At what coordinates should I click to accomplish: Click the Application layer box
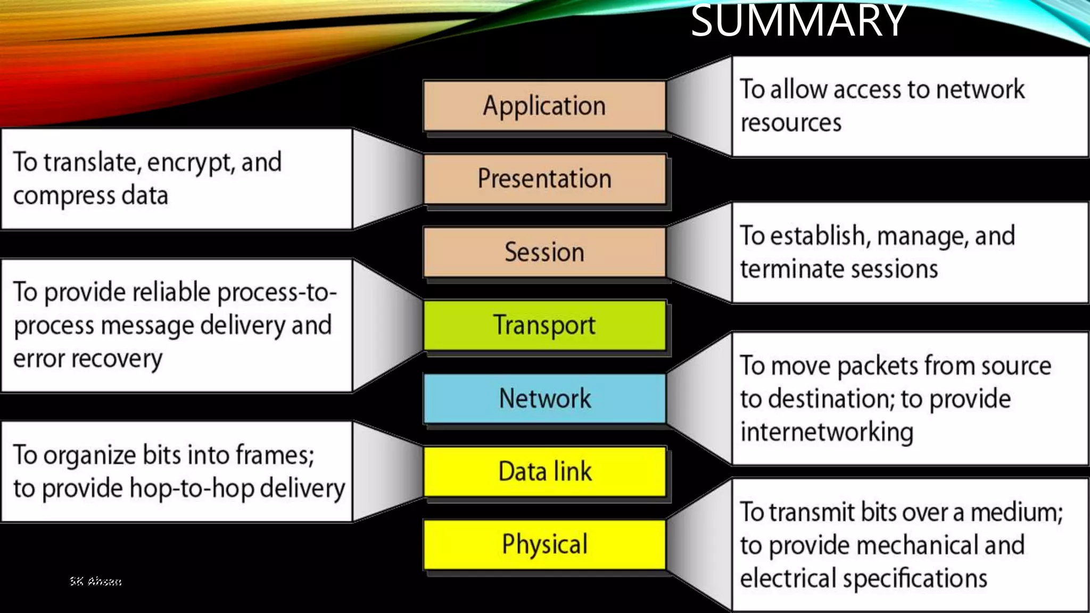click(x=544, y=106)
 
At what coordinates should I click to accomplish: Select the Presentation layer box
click(x=544, y=179)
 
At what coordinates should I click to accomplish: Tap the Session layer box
click(x=544, y=252)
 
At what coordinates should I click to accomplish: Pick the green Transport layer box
click(x=544, y=325)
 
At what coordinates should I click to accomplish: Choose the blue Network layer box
click(x=544, y=399)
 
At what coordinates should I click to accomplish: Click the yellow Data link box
click(x=544, y=471)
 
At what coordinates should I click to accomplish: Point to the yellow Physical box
click(x=544, y=544)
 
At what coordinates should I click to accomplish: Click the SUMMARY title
click(x=798, y=21)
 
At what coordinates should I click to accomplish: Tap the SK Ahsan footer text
click(x=96, y=581)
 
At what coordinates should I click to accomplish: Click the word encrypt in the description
click(x=189, y=163)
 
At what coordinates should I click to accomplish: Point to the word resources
click(x=791, y=123)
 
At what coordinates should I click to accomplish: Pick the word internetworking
click(x=827, y=432)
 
